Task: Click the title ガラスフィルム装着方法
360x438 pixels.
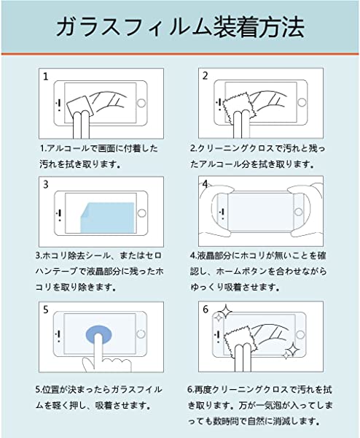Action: [x=180, y=27]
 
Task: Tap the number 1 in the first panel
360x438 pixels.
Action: [x=45, y=77]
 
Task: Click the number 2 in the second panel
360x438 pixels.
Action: [x=206, y=76]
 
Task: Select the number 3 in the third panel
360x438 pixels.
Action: [x=46, y=185]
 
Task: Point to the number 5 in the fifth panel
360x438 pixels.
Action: [x=46, y=310]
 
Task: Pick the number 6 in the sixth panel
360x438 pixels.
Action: [x=206, y=310]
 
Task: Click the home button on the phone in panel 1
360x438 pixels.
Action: [x=141, y=103]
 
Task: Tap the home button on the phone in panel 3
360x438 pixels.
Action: [x=141, y=213]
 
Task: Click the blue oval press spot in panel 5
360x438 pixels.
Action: [x=98, y=334]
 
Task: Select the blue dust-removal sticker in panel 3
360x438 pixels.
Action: [x=108, y=218]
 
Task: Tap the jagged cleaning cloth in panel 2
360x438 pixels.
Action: [x=237, y=108]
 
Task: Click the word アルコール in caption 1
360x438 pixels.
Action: [x=68, y=148]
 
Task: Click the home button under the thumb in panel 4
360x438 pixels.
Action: [x=299, y=212]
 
